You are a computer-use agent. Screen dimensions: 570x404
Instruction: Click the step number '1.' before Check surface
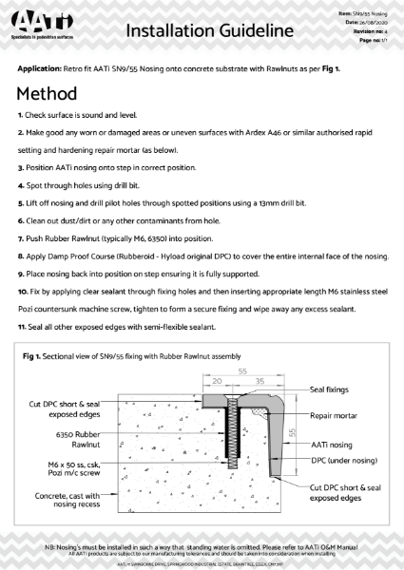click(21, 126)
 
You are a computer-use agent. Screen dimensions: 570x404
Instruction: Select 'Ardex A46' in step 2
click(270, 144)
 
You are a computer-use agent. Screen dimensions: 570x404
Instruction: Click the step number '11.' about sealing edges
click(23, 328)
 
